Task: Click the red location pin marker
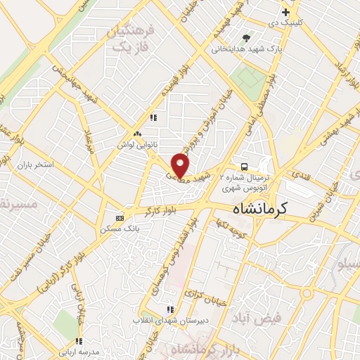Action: click(181, 165)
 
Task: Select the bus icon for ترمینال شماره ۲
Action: click(243, 167)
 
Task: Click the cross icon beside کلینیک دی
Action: click(285, 13)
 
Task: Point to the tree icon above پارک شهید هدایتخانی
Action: click(245, 38)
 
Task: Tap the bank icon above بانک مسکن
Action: click(119, 217)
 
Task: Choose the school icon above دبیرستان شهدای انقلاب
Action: click(169, 309)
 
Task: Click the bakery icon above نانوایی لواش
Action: click(138, 133)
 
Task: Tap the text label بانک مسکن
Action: click(117, 229)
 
